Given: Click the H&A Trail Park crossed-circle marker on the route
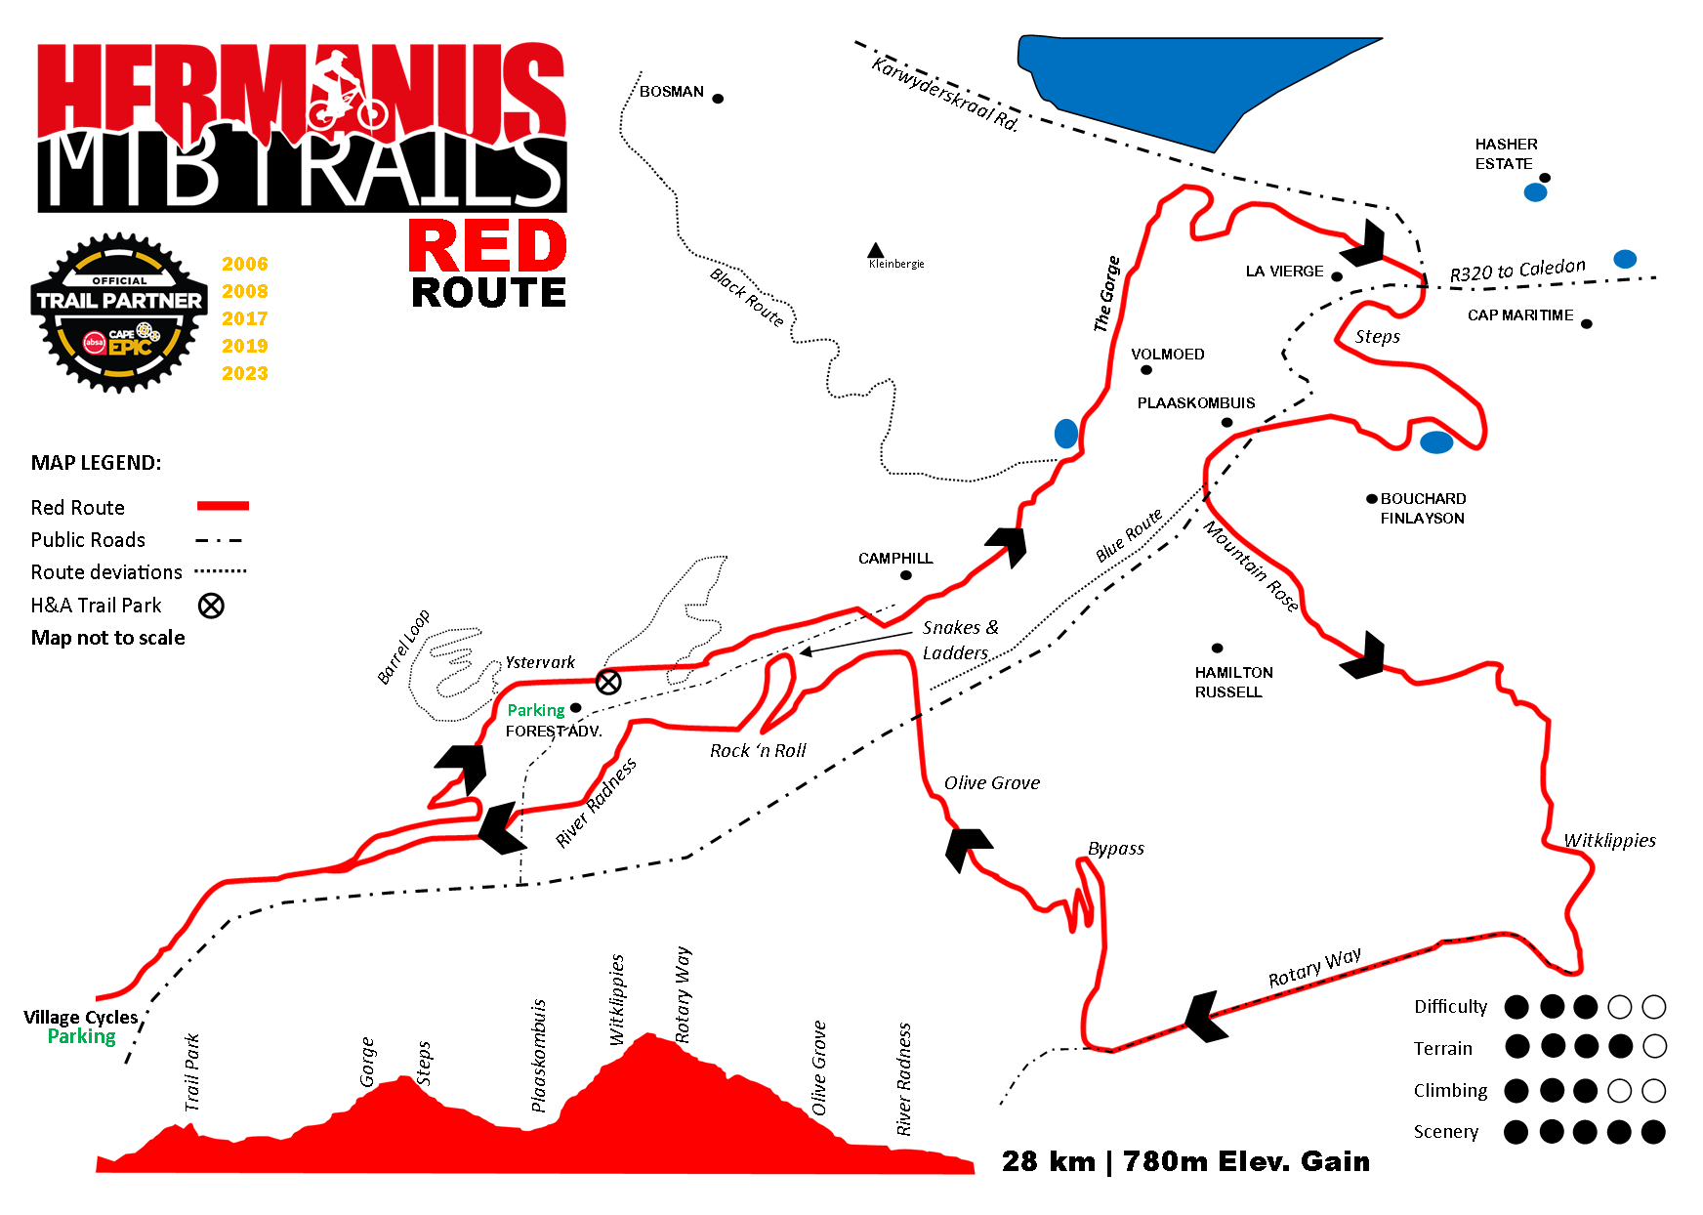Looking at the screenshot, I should pyautogui.click(x=608, y=682).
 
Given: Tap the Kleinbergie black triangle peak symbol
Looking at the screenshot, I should pyautogui.click(x=876, y=251).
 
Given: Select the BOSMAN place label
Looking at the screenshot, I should pyautogui.click(x=672, y=92).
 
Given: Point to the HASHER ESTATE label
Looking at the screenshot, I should pyautogui.click(x=1506, y=154).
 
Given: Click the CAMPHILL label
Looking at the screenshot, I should pyautogui.click(x=895, y=559).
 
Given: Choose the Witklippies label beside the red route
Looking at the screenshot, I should pyautogui.click(x=1609, y=841).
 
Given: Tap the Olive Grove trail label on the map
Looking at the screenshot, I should pyautogui.click(x=992, y=783).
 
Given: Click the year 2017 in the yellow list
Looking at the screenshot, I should pyautogui.click(x=244, y=318).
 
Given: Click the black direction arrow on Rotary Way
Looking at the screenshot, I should pyautogui.click(x=1203, y=1017).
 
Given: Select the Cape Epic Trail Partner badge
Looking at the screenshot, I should pyautogui.click(x=119, y=313).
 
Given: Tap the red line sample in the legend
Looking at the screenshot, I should pyautogui.click(x=223, y=506).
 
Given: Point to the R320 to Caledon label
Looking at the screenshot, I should pyautogui.click(x=1517, y=270).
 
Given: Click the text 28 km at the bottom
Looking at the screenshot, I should pyautogui.click(x=1048, y=1161).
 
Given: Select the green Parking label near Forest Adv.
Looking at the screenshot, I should pyautogui.click(x=536, y=710).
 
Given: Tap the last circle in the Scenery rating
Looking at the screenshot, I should pyautogui.click(x=1653, y=1132).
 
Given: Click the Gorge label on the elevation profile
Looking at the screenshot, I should pyautogui.click(x=367, y=1062).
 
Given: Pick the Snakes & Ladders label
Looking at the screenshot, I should pyautogui.click(x=960, y=640).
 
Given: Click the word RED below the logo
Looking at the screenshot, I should pyautogui.click(x=487, y=247).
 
